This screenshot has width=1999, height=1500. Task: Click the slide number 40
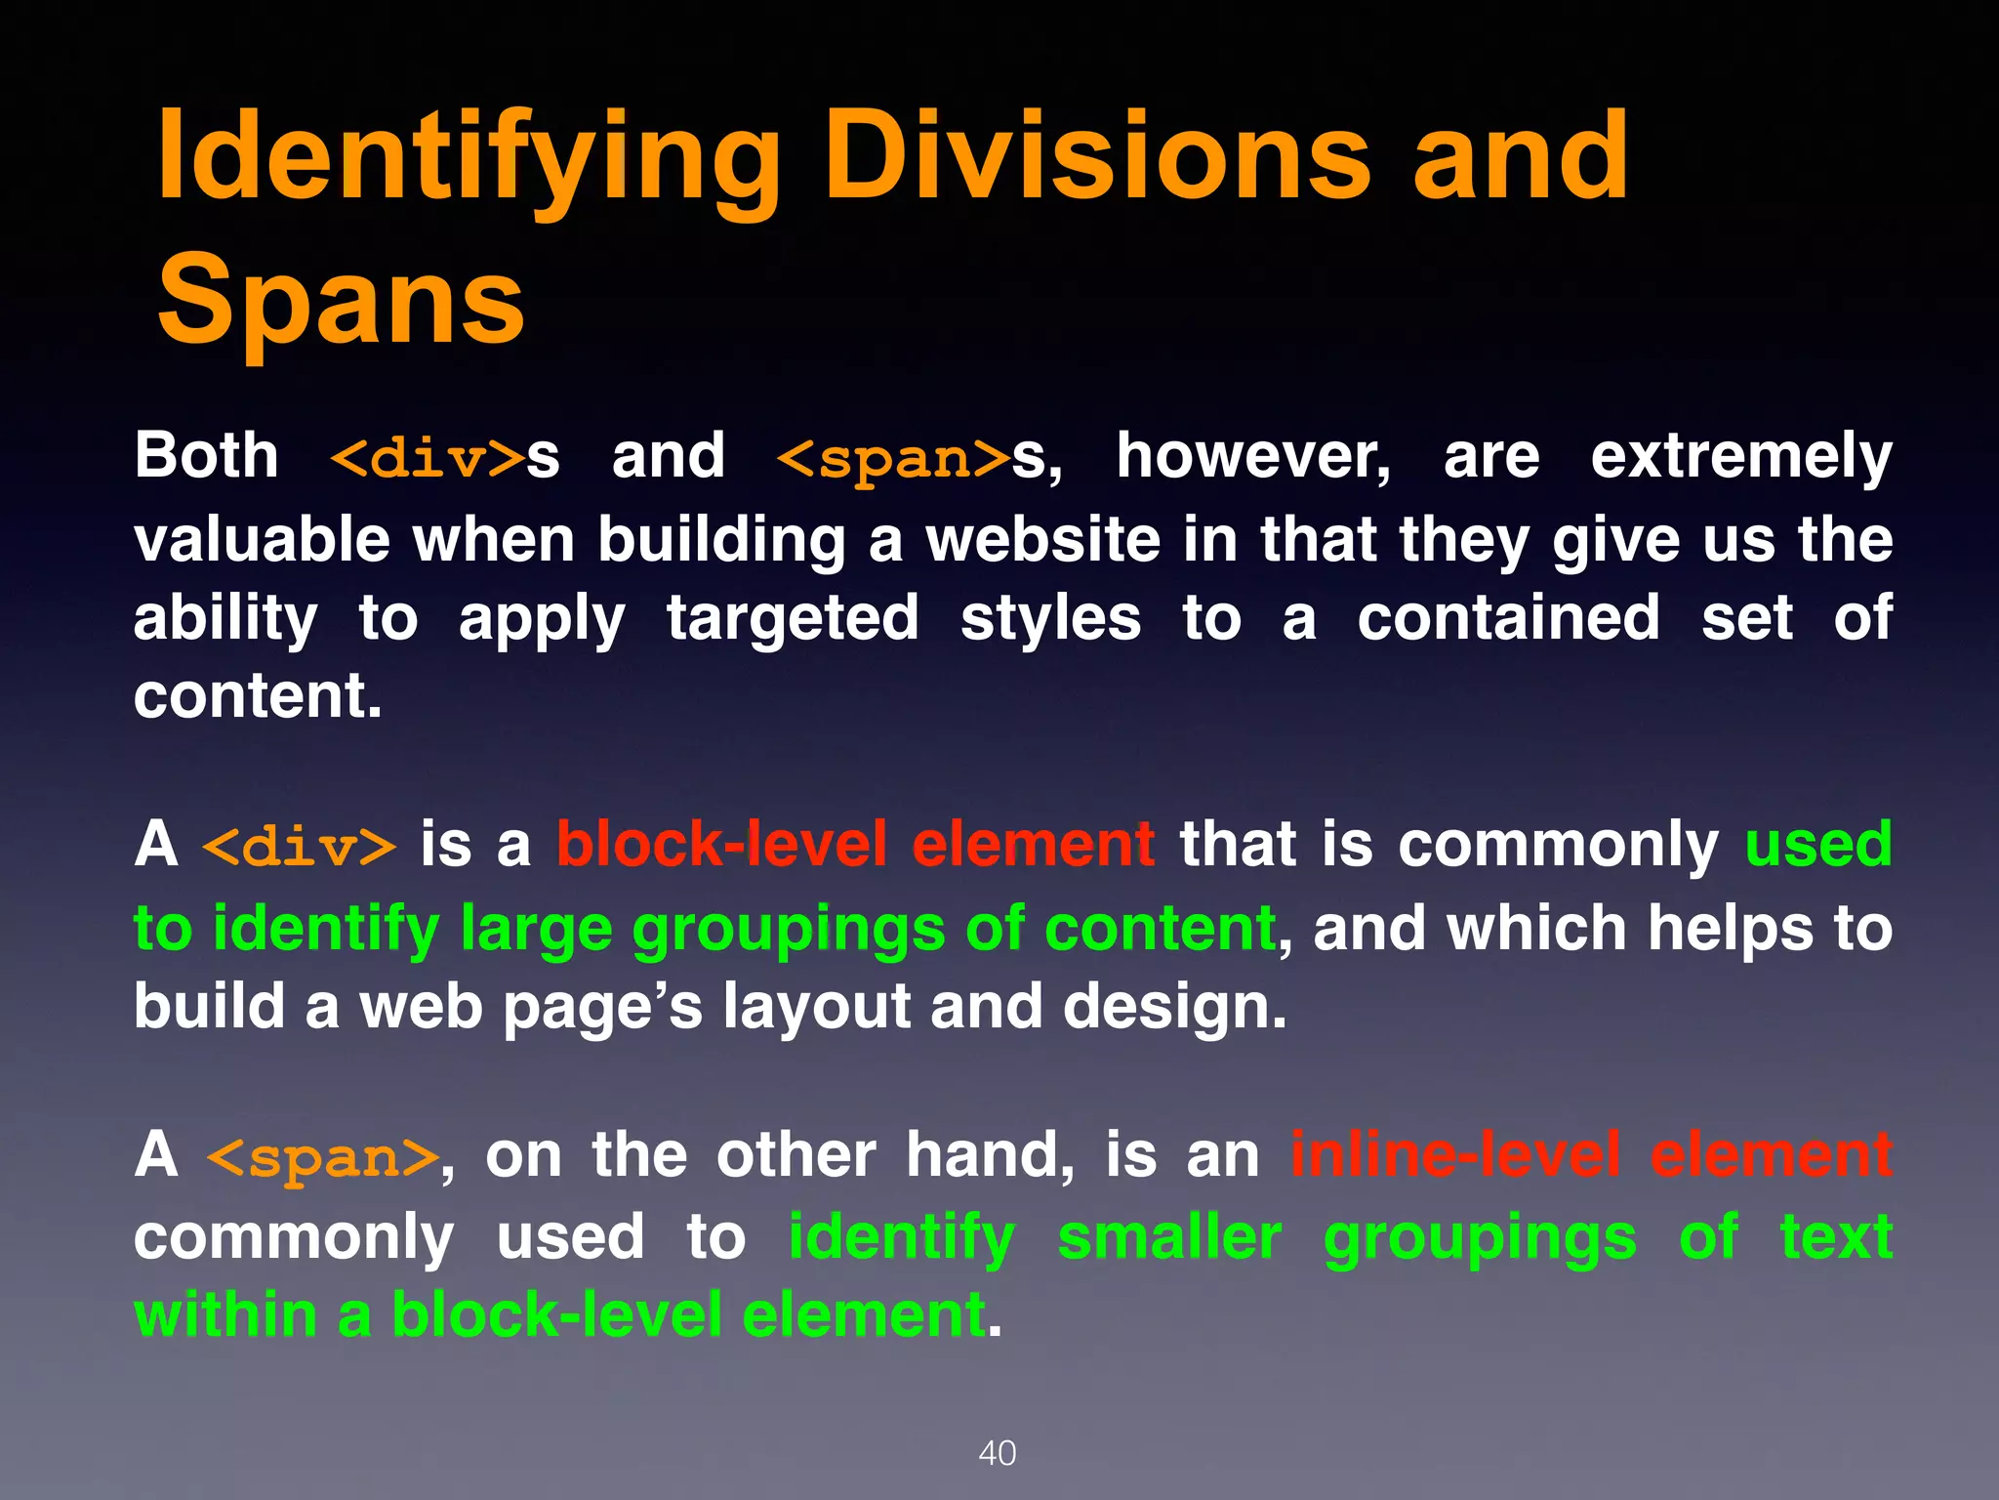(997, 1453)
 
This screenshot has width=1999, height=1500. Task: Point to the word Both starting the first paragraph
(206, 456)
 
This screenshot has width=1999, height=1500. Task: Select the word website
(1042, 540)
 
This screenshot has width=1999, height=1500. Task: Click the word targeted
(793, 619)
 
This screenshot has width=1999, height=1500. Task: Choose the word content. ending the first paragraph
(258, 696)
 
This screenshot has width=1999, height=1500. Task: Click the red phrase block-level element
(855, 845)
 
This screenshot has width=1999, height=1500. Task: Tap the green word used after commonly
(1817, 845)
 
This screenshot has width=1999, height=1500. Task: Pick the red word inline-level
(1455, 1155)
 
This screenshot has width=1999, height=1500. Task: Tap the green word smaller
(1169, 1238)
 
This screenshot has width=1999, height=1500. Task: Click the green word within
(225, 1315)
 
